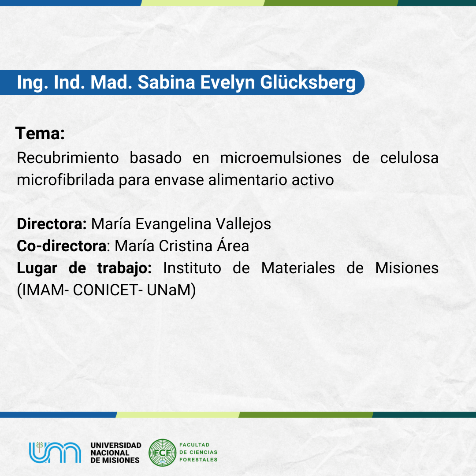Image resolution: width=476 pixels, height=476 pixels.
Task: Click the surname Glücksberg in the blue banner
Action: tap(308, 82)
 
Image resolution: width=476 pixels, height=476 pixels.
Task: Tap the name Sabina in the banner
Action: tap(166, 82)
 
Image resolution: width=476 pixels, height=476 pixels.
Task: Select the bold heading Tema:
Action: tap(40, 133)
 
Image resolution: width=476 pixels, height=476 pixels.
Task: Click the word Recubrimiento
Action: tap(68, 158)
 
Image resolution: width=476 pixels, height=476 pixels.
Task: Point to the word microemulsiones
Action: tap(281, 158)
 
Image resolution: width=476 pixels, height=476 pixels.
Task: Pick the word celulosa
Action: tap(409, 158)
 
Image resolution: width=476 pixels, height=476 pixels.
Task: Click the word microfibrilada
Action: tap(66, 180)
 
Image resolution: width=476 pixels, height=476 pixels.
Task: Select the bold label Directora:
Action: tap(52, 224)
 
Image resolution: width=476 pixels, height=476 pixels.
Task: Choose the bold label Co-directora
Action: tap(62, 246)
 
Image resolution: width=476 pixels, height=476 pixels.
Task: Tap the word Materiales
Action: tap(298, 268)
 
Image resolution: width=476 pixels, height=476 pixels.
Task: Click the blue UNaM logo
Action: tap(55, 452)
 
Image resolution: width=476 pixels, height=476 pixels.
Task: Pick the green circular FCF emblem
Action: tap(162, 453)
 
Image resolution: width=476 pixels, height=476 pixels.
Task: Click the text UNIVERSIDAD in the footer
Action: tap(116, 445)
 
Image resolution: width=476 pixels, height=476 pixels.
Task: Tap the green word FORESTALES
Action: tap(198, 460)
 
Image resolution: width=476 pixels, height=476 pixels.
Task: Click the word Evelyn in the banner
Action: tap(227, 82)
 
